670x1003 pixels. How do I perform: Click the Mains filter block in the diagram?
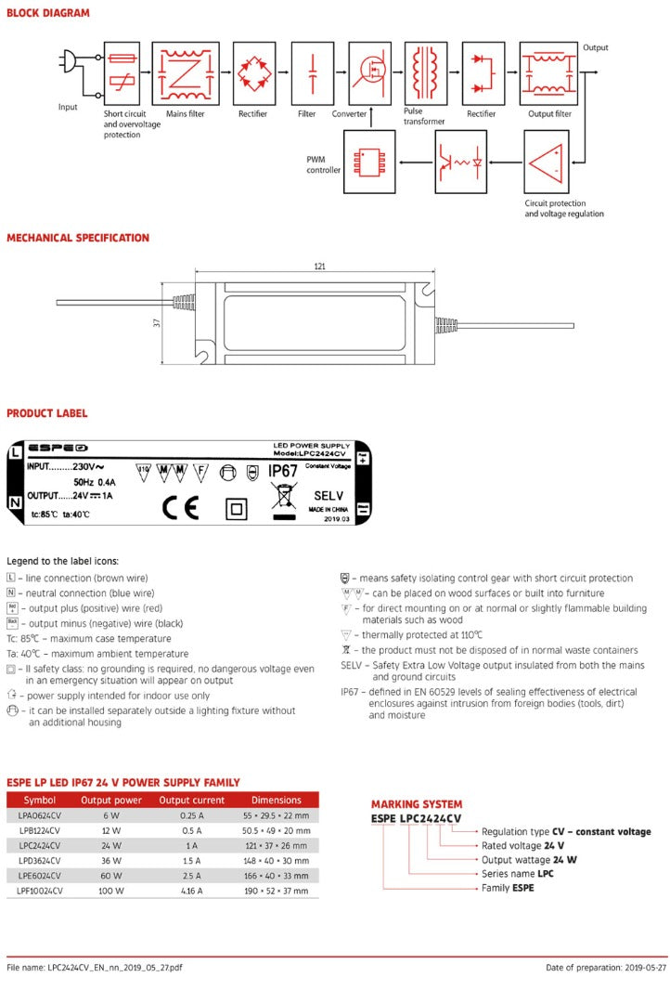[186, 73]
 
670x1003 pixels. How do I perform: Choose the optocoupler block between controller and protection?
[460, 162]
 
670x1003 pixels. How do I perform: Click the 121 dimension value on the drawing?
[319, 267]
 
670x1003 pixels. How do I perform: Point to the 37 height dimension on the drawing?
[157, 322]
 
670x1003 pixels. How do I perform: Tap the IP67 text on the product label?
[282, 471]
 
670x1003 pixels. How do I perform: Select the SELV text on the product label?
[329, 496]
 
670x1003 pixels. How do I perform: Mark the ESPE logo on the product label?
[58, 447]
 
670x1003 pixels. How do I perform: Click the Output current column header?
[191, 800]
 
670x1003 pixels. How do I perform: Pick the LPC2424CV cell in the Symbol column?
[40, 845]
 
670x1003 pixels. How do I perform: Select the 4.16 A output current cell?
[191, 890]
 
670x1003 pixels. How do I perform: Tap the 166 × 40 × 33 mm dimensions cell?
[276, 875]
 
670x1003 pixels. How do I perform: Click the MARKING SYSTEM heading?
[417, 804]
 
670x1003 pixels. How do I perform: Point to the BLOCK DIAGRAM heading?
[48, 13]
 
